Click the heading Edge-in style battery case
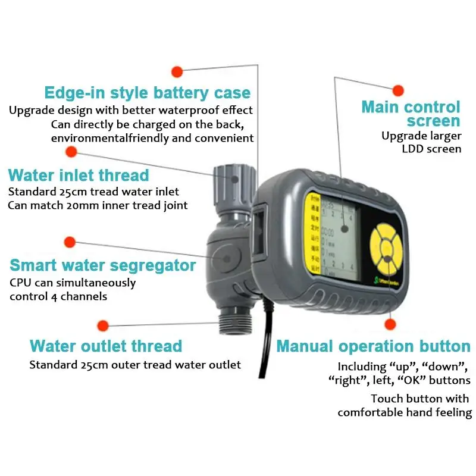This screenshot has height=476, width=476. tap(148, 93)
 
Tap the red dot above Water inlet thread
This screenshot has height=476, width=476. tap(71, 152)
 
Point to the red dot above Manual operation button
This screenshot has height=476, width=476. tap(391, 324)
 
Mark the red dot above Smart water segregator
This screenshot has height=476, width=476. tap(70, 242)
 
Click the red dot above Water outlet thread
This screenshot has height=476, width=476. tap(103, 325)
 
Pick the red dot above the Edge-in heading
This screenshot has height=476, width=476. tap(176, 72)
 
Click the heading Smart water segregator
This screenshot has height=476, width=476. tap(102, 265)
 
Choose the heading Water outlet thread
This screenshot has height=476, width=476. tap(106, 346)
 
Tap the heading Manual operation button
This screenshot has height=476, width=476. tap(373, 346)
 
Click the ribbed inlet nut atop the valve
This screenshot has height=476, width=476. tap(230, 175)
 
